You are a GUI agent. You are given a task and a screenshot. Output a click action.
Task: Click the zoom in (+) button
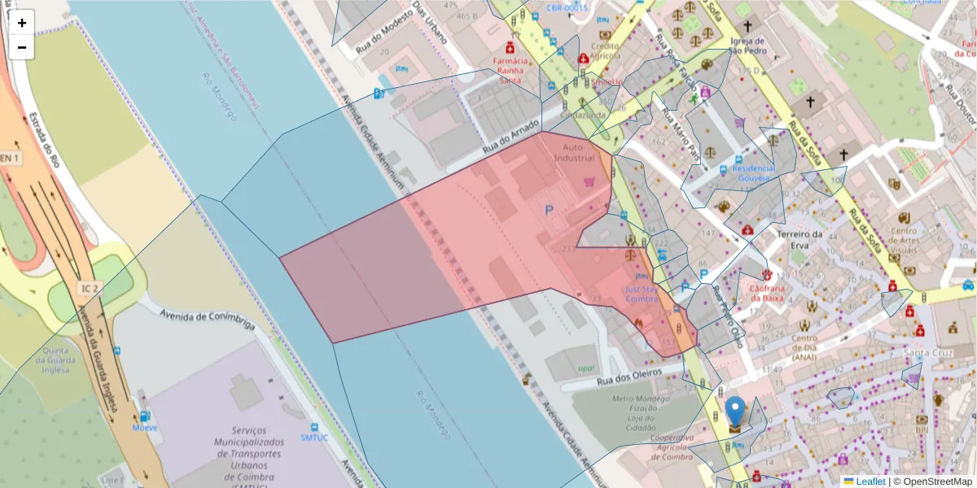tap(22, 23)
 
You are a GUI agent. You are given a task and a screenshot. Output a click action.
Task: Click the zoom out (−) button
tap(22, 47)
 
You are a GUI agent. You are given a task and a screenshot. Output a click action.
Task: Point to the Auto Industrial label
tap(574, 152)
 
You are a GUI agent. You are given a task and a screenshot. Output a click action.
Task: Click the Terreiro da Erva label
tap(802, 240)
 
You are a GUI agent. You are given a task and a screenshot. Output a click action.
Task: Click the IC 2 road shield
tap(90, 288)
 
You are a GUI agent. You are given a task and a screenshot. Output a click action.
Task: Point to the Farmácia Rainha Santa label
tap(510, 70)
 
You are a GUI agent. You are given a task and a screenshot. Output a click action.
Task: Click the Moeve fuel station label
tap(145, 428)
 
